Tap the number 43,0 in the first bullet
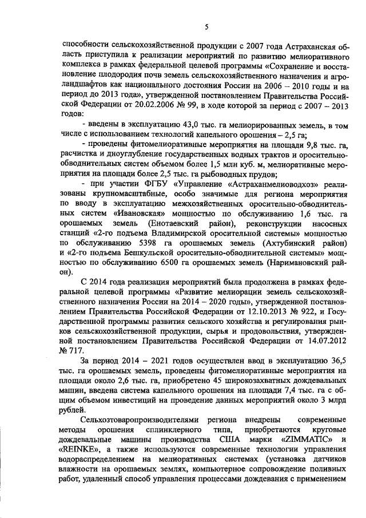click(182, 125)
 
